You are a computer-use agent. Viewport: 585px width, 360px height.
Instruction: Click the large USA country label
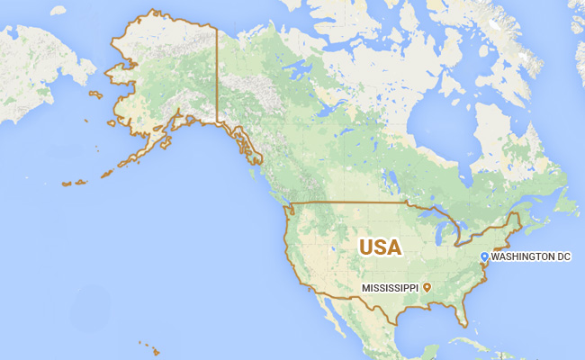click(x=380, y=247)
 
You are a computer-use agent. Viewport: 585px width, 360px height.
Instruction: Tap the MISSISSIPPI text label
click(x=391, y=287)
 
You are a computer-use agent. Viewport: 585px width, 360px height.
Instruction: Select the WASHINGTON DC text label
click(x=531, y=257)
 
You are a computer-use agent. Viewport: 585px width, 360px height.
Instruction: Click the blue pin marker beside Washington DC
click(x=484, y=257)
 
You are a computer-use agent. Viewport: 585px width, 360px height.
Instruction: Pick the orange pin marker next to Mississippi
click(x=427, y=287)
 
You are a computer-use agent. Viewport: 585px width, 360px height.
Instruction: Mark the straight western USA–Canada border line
click(x=351, y=203)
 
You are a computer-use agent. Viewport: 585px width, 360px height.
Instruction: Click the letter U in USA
click(x=367, y=247)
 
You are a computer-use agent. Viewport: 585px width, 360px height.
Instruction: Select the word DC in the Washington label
click(x=562, y=257)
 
